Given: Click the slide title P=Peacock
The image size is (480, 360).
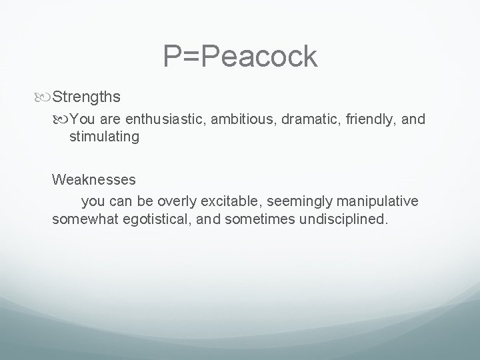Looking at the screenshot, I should [240, 58].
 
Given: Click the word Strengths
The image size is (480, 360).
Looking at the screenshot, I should [86, 97].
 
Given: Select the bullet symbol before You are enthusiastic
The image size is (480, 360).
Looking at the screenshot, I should [61, 120].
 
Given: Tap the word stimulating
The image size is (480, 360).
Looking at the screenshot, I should [104, 137].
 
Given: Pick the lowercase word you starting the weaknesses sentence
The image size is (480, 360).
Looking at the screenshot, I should [92, 201].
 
